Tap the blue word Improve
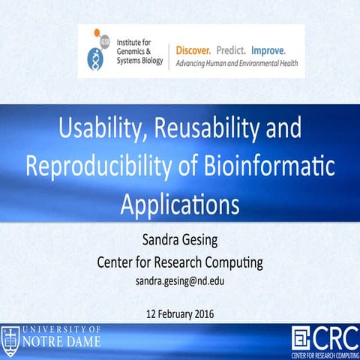[268, 50]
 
